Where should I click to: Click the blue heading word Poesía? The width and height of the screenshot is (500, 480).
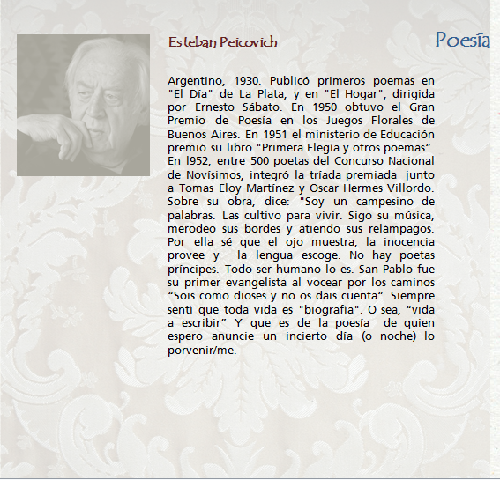coord(462,40)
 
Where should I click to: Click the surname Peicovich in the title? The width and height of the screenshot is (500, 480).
coord(248,42)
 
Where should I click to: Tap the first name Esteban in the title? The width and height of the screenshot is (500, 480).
coord(191,42)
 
